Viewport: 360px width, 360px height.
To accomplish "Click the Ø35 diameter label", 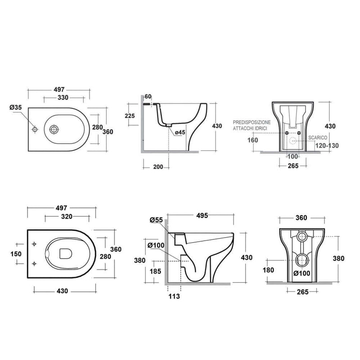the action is click(x=16, y=107).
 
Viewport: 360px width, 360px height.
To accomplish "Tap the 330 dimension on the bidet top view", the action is click(x=63, y=98).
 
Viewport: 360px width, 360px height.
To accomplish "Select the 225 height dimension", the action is click(x=130, y=116).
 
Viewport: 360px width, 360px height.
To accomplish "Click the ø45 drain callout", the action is click(x=180, y=132).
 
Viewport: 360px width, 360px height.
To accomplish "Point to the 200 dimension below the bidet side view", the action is click(x=158, y=166).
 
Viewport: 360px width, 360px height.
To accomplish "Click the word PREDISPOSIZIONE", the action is click(x=252, y=122).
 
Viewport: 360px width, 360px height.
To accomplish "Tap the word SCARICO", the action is click(x=318, y=138).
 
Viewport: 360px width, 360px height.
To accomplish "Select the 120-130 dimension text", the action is click(x=327, y=145).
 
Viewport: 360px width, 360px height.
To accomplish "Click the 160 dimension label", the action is click(x=252, y=140).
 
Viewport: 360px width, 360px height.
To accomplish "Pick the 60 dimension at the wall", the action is click(x=148, y=96).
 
